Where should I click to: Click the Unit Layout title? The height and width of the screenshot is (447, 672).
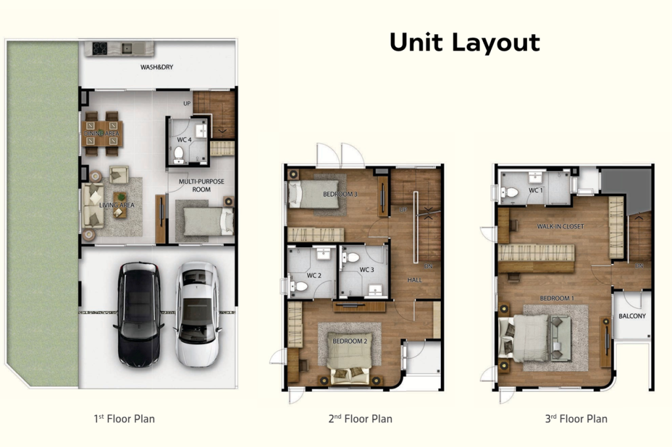(x=465, y=43)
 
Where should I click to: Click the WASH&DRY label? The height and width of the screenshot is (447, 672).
(x=156, y=68)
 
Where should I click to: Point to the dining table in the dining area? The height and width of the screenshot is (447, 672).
(x=102, y=133)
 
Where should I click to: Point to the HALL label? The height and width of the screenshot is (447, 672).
(x=414, y=280)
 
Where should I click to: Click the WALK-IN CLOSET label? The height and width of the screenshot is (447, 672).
(x=560, y=226)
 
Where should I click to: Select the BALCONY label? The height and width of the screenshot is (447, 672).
(x=631, y=316)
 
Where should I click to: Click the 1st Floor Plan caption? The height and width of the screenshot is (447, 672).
(x=125, y=418)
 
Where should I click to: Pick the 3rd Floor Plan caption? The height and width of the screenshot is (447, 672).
(x=577, y=418)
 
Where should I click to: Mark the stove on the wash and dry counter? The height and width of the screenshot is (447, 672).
(x=100, y=48)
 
